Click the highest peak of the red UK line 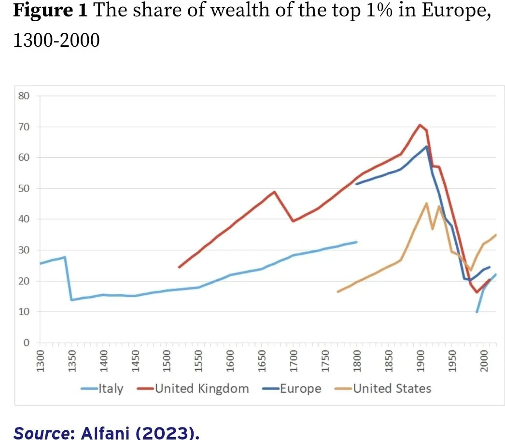pos(420,125)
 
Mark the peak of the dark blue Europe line pos(426,146)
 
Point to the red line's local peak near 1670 pos(274,192)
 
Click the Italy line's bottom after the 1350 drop pos(71,300)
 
